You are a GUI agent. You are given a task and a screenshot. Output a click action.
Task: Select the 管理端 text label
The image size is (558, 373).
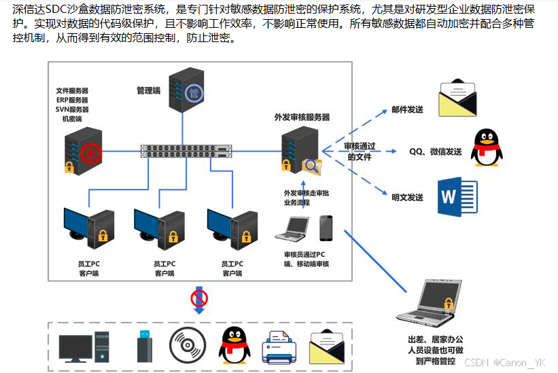click(148, 90)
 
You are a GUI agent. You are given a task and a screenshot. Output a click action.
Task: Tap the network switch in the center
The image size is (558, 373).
click(186, 151)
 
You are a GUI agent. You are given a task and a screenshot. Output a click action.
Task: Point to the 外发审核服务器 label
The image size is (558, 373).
click(302, 117)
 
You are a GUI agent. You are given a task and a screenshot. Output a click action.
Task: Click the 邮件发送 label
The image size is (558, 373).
click(407, 109)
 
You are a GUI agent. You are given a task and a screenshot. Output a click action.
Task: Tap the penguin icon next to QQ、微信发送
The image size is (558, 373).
click(487, 147)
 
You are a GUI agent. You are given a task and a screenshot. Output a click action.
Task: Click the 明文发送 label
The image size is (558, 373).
click(407, 198)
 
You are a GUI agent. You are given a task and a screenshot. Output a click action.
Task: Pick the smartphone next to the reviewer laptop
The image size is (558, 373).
click(326, 228)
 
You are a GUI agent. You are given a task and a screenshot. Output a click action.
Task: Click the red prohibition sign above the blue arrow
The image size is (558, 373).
click(199, 297)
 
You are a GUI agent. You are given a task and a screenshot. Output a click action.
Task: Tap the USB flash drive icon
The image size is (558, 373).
click(145, 345)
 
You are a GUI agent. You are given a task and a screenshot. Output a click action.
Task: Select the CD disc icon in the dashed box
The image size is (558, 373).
click(186, 344)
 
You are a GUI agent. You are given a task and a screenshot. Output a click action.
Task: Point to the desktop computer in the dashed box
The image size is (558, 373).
click(84, 346)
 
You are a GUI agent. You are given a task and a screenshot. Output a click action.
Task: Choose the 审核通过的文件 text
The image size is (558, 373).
click(360, 152)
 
